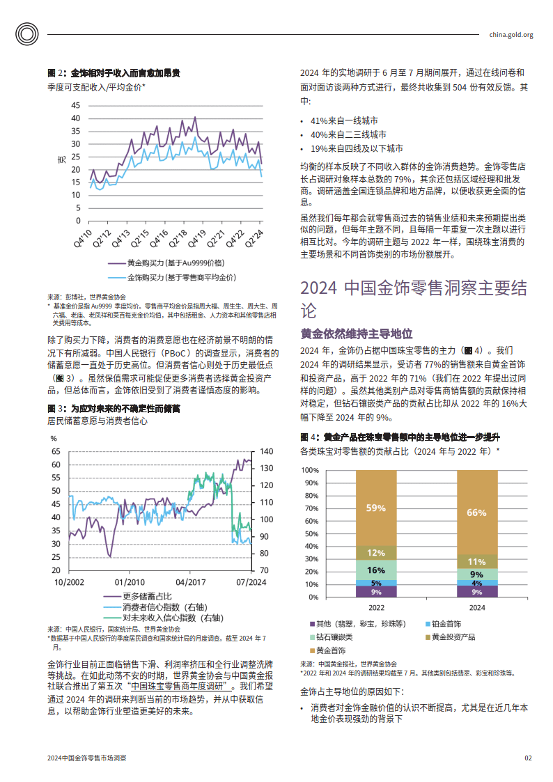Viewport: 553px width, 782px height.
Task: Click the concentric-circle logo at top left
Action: [x=27, y=34]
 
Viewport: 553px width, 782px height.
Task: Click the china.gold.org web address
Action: [x=511, y=35]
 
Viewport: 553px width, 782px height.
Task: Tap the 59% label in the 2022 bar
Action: [x=376, y=508]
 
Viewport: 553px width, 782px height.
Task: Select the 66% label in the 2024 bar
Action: [x=476, y=513]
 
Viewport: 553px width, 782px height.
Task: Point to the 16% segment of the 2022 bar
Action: [x=376, y=570]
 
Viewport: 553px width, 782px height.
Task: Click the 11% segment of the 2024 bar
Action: [x=477, y=561]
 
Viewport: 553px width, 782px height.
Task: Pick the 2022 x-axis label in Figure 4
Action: [x=377, y=607]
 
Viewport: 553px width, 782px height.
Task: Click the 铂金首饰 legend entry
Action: [x=443, y=624]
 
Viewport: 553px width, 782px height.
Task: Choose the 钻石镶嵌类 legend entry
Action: [x=331, y=637]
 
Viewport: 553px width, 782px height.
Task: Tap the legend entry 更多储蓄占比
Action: [x=138, y=596]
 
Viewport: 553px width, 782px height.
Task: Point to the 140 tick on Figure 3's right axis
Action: [x=267, y=451]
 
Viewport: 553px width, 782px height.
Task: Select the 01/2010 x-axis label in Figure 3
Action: [x=130, y=582]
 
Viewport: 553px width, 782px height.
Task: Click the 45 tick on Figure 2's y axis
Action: [x=75, y=105]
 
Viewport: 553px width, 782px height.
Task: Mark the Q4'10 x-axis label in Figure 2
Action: [x=84, y=238]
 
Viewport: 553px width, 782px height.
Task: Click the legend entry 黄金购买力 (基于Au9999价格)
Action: [x=166, y=263]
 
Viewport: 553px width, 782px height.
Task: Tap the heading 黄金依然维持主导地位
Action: [x=357, y=334]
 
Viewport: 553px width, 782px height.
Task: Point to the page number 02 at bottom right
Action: [x=528, y=758]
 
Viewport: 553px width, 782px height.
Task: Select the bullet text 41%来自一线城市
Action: [x=344, y=120]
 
